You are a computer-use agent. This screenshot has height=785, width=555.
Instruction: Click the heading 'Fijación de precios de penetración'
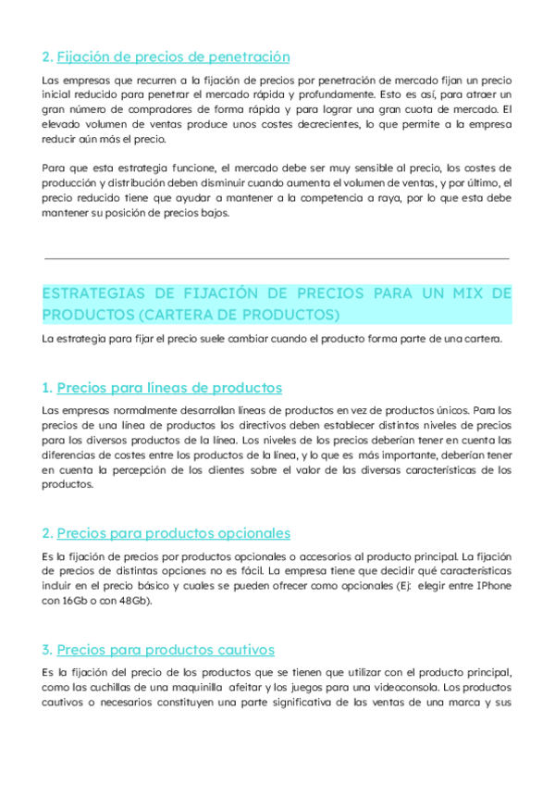coord(173,57)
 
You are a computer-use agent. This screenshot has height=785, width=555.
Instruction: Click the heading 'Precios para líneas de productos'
coord(169,388)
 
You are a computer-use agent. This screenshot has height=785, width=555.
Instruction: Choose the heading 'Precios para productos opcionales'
coord(174,533)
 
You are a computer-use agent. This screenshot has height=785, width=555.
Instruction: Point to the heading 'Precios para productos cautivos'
coord(166,650)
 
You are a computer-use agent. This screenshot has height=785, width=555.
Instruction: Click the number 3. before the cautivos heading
coord(47,650)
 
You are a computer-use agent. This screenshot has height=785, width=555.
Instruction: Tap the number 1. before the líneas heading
coord(47,388)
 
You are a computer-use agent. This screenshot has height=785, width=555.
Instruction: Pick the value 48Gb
coord(129,601)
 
